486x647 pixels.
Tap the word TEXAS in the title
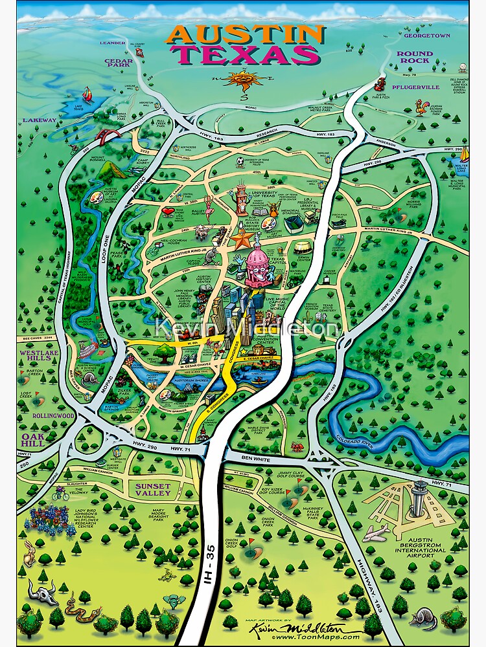(x=247, y=54)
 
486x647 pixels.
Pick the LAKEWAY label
(x=40, y=120)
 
